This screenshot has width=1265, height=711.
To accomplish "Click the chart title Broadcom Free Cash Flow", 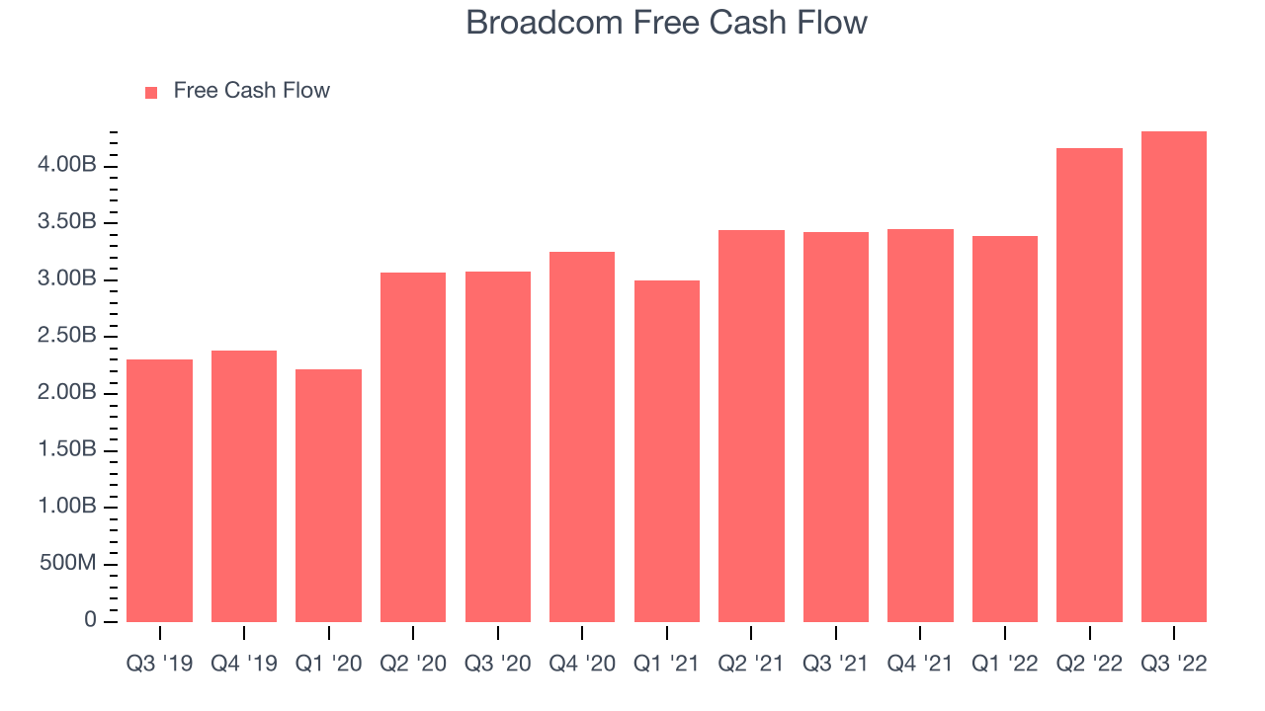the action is click(666, 23).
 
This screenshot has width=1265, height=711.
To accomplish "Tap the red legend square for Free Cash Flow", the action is click(151, 93).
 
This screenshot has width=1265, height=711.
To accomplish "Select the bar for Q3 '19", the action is click(159, 491).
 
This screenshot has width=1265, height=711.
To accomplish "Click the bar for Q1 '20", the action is click(328, 496).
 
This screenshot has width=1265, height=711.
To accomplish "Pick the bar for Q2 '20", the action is click(413, 447).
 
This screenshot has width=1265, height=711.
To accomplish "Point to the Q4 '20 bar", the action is click(582, 437).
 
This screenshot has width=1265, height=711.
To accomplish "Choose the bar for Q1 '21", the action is click(666, 451).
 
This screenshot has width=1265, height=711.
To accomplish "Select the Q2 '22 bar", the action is click(1089, 385).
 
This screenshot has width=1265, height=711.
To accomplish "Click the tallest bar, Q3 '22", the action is click(1173, 377).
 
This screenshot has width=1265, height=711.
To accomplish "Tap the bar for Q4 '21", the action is click(920, 426).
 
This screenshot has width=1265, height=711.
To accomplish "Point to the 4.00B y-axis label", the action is click(66, 165).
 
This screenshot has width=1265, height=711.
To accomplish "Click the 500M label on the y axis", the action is click(68, 563).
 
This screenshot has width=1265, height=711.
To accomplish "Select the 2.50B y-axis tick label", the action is click(66, 336).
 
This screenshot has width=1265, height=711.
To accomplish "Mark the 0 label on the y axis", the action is click(90, 620).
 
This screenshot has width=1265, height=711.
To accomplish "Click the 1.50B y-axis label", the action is click(66, 449).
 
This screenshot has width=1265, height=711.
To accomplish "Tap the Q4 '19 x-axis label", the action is click(244, 664).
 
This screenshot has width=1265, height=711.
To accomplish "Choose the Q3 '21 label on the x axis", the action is click(835, 664).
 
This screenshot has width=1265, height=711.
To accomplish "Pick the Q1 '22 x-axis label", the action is click(1005, 664).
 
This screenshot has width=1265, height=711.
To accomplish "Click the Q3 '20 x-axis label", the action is click(497, 664).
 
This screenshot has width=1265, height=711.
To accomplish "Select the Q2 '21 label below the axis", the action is click(750, 664).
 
